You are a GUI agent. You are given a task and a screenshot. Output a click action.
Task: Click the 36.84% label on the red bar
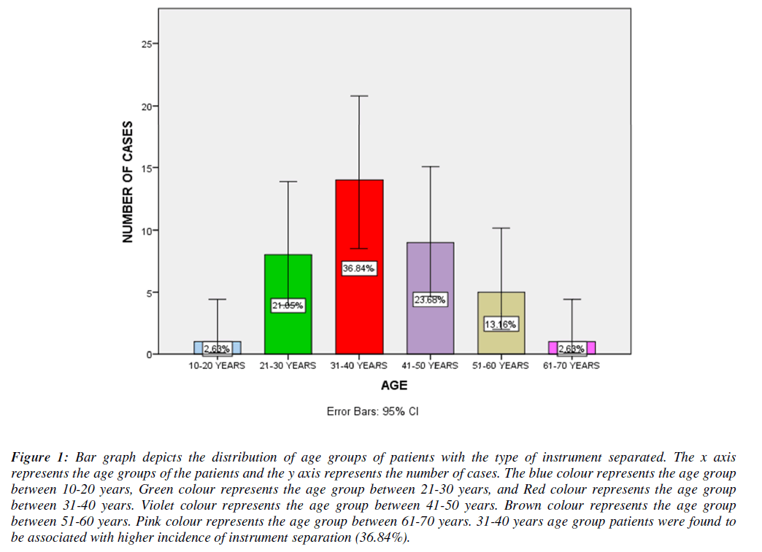[x=359, y=268]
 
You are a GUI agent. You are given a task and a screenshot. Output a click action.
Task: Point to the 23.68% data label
[x=430, y=300]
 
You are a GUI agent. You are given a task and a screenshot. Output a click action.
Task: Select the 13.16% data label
[x=501, y=324]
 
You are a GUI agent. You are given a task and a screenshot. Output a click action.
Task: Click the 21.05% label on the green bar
[x=288, y=306]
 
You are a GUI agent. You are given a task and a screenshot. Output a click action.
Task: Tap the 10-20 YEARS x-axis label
[x=217, y=365]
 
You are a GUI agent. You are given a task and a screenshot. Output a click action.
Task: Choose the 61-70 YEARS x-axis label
[x=571, y=365]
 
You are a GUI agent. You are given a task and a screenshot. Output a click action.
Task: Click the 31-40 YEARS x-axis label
[x=359, y=365]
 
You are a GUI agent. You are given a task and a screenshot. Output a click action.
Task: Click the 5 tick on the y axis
[x=149, y=292]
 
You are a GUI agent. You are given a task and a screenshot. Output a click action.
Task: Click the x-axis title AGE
[x=394, y=385]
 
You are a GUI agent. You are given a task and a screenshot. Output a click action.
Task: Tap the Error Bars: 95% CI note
[x=373, y=411]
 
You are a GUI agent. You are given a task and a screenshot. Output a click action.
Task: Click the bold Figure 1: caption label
[x=40, y=458]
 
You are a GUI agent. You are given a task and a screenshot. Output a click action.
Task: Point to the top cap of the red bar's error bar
[x=359, y=96]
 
